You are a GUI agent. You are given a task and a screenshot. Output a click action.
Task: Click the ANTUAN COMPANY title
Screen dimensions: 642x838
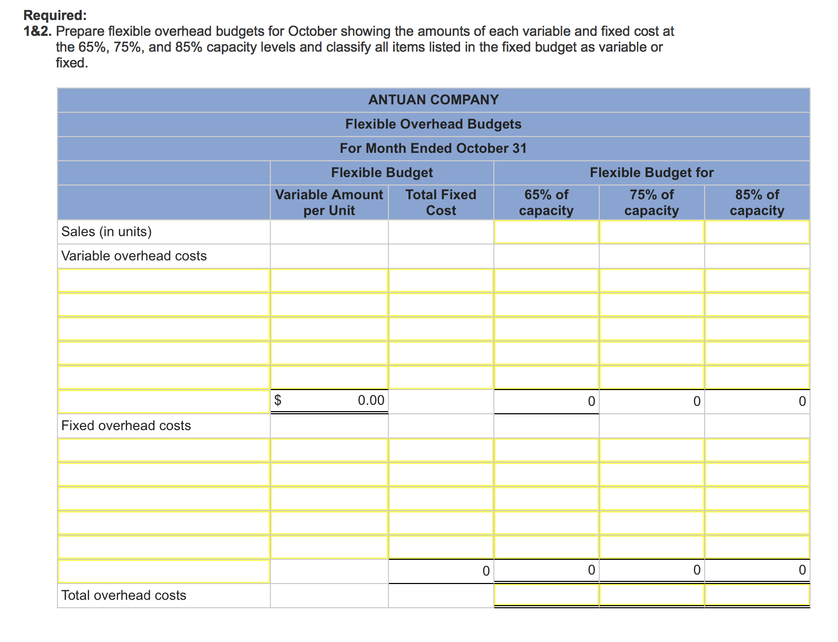click(433, 100)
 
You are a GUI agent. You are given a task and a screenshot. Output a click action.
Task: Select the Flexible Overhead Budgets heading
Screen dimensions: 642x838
click(433, 124)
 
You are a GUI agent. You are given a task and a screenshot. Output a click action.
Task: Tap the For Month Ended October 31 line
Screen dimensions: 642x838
click(433, 148)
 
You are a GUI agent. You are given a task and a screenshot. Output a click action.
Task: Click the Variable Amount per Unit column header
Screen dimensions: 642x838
click(329, 202)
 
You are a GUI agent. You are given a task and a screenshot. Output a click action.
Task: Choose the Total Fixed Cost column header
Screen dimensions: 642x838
click(441, 202)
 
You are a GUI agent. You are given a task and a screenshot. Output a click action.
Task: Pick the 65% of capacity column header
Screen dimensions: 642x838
click(546, 202)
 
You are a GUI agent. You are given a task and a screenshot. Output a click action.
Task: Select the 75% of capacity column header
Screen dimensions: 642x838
click(651, 202)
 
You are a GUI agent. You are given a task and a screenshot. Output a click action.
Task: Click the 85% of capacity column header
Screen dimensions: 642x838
click(757, 202)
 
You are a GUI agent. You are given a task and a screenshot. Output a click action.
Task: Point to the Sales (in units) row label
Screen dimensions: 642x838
click(106, 231)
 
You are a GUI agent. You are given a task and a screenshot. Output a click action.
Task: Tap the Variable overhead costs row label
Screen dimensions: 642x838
click(134, 256)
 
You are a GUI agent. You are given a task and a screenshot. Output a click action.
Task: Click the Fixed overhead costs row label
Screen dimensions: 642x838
click(126, 425)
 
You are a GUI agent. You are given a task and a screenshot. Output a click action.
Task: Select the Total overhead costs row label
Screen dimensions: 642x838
click(124, 595)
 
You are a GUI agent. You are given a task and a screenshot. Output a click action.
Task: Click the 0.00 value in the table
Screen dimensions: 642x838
click(371, 400)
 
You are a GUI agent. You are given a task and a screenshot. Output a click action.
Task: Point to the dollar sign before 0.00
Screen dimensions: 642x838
click(278, 400)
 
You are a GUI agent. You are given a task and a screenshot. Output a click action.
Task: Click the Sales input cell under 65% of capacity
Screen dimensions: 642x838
click(546, 232)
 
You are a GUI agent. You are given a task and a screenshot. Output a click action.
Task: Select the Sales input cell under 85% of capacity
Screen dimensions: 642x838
click(757, 232)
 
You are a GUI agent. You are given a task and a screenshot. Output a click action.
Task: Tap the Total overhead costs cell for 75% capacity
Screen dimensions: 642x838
click(651, 595)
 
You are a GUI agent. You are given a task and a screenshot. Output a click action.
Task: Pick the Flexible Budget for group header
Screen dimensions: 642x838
click(651, 172)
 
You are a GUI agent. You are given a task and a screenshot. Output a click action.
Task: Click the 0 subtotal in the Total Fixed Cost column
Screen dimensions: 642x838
click(486, 571)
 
